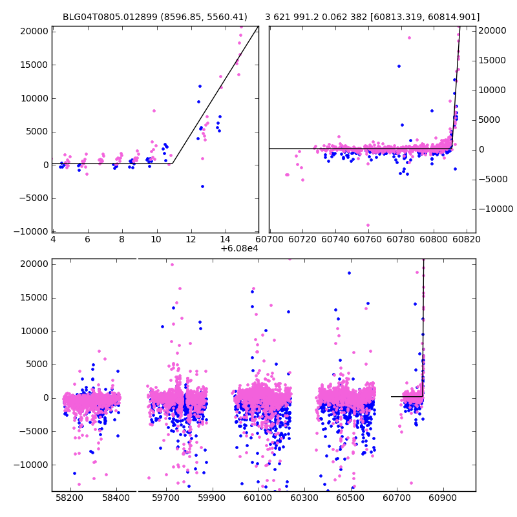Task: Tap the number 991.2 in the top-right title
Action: [310, 17]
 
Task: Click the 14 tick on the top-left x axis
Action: [225, 239]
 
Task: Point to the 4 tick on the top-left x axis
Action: [53, 239]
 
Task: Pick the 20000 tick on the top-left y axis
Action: [34, 31]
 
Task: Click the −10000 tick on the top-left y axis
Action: [31, 231]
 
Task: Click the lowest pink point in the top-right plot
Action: [368, 226]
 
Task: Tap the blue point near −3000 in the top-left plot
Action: [202, 186]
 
